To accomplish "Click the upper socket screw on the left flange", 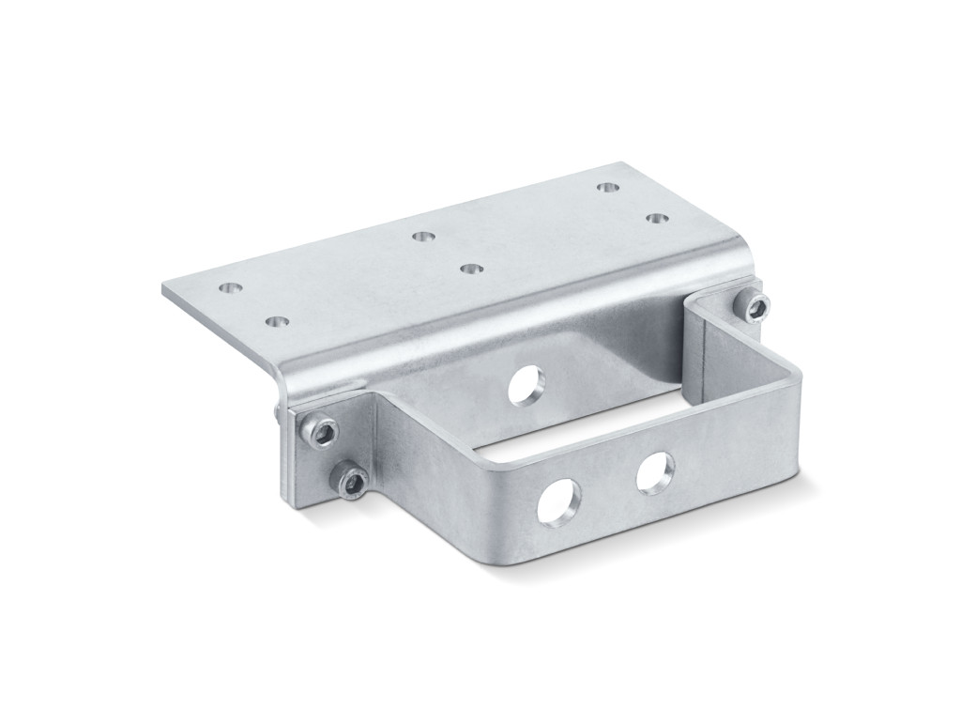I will point(321,431).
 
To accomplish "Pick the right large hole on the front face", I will point(656,471).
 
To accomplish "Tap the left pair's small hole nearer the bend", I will point(274,322).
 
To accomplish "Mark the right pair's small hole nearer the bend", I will point(656,217).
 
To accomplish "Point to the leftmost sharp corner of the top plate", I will point(163,290).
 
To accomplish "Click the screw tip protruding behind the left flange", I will point(271,409).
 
